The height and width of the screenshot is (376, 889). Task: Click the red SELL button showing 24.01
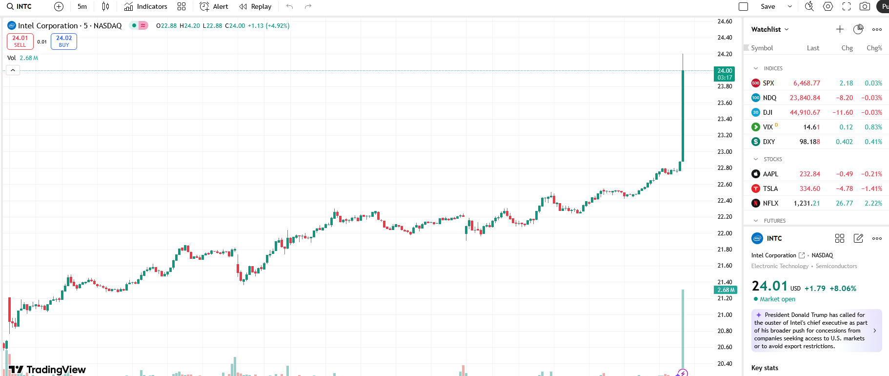coord(20,42)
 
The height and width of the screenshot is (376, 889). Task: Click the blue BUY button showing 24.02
coord(64,42)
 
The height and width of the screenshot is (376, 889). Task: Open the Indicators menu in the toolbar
coord(146,6)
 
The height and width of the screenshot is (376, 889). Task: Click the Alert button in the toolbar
coord(214,6)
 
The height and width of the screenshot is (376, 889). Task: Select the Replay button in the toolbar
coord(255,6)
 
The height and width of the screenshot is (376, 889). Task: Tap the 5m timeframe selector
coord(82,6)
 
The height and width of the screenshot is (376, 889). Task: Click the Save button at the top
coord(768,6)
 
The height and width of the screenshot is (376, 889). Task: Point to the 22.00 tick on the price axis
coord(725,233)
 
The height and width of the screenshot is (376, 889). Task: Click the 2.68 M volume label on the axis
coord(726,290)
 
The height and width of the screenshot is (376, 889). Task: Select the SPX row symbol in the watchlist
coord(768,83)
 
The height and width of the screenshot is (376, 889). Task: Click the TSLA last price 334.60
coord(809,188)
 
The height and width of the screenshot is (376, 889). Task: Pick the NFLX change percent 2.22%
coord(873,203)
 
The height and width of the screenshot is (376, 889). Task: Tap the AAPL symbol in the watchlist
coord(770,174)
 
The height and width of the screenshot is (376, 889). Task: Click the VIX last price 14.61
coord(811,127)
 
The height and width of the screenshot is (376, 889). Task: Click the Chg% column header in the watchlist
coord(874,48)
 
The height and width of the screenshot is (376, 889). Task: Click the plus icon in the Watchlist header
coord(840,29)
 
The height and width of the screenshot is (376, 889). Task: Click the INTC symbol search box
coord(20,6)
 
